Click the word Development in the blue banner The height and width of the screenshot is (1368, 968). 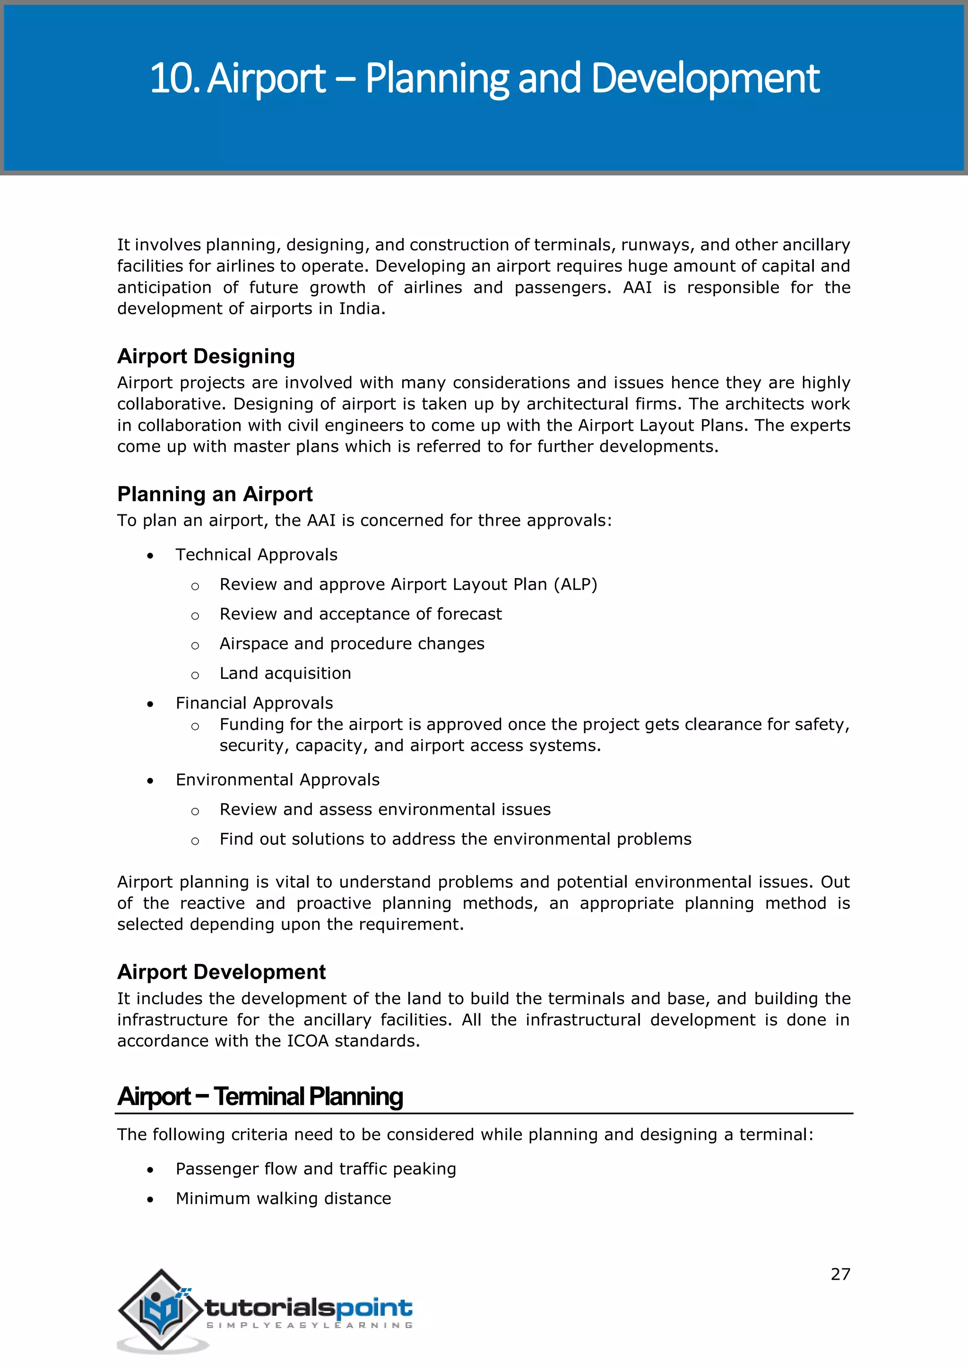[706, 78]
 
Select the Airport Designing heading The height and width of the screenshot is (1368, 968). [206, 356]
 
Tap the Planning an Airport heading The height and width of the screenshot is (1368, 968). [215, 494]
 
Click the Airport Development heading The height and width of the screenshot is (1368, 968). [221, 972]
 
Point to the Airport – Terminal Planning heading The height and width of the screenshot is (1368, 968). [260, 1096]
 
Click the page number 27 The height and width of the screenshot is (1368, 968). [840, 1274]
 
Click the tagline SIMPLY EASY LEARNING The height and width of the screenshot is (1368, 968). [310, 1325]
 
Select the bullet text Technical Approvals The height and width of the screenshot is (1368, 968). [256, 555]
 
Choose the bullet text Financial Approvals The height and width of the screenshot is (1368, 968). [254, 703]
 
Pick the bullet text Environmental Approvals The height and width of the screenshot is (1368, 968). [277, 780]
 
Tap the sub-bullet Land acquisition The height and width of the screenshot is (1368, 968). [285, 673]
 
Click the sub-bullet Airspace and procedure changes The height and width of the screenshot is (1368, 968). [352, 643]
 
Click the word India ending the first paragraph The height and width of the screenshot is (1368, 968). [359, 308]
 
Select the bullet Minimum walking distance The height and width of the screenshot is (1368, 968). [283, 1199]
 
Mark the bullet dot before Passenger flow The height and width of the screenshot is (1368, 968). [151, 1170]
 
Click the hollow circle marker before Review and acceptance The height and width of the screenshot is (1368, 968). [195, 616]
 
